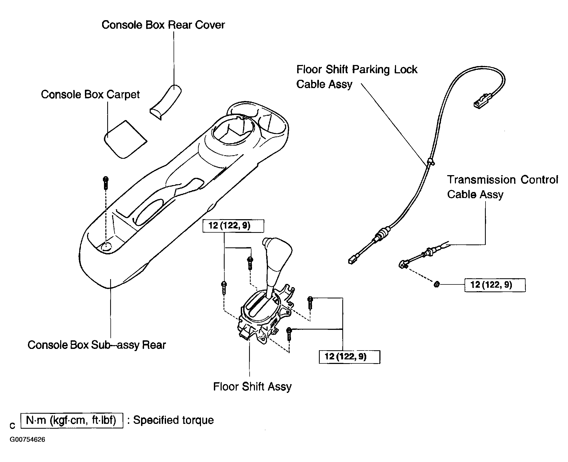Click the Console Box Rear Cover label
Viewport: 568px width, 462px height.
point(163,25)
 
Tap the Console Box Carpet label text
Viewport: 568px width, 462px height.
point(90,95)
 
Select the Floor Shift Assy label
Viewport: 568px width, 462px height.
point(252,387)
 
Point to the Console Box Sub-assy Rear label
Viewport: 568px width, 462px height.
point(97,345)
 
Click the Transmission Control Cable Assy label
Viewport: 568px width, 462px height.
point(502,187)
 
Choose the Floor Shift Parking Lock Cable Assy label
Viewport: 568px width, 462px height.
point(357,77)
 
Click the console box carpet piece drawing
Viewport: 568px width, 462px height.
point(125,140)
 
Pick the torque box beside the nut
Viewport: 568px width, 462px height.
point(495,285)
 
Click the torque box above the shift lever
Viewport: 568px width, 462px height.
point(233,226)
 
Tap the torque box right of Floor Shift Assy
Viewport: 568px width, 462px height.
point(349,357)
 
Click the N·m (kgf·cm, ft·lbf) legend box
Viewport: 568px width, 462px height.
point(72,420)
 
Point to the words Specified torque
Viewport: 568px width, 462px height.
point(173,420)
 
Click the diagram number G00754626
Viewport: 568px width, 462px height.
point(27,440)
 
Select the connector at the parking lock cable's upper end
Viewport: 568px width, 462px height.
point(482,101)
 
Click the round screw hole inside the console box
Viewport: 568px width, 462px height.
point(107,247)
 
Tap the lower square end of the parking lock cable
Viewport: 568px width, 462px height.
point(351,260)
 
